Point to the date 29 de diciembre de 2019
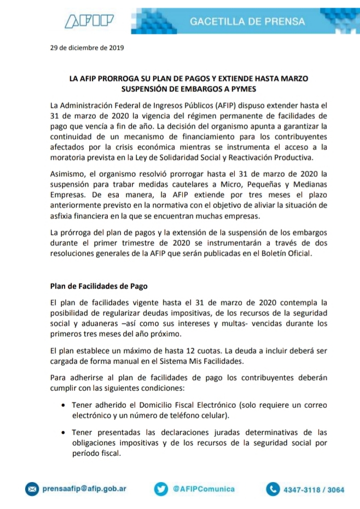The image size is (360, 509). pyautogui.click(x=87, y=47)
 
